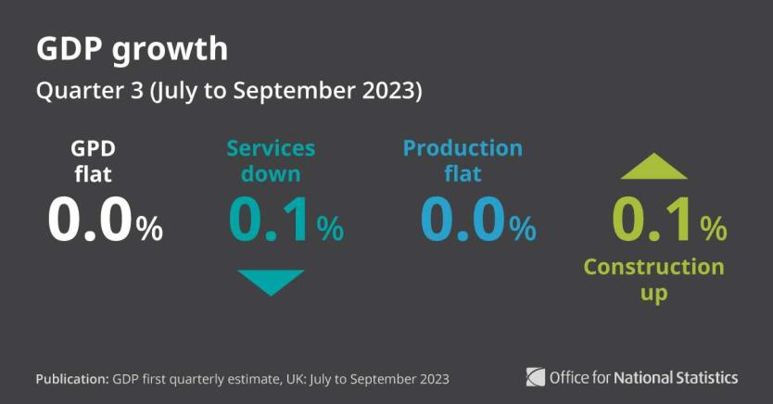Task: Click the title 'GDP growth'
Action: click(x=132, y=49)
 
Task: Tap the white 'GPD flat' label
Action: click(x=93, y=160)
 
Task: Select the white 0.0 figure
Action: click(x=91, y=221)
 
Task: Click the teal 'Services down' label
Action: click(x=271, y=160)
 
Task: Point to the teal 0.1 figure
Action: click(x=271, y=221)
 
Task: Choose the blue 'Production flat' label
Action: click(x=463, y=160)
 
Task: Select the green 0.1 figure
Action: click(x=653, y=221)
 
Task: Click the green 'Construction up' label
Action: click(x=653, y=280)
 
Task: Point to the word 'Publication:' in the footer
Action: click(x=71, y=379)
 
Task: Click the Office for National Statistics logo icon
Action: click(x=536, y=377)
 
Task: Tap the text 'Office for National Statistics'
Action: click(x=644, y=377)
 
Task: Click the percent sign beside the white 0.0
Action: click(x=150, y=228)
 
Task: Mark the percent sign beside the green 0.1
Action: click(x=713, y=228)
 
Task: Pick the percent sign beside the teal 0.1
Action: click(x=330, y=228)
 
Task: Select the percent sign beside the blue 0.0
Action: click(x=523, y=228)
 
